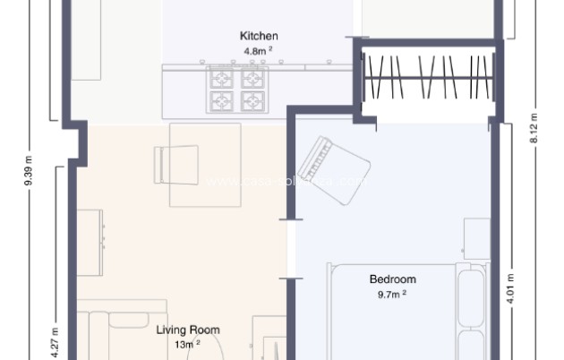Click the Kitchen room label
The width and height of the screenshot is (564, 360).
click(252, 36)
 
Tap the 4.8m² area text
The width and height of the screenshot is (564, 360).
click(255, 52)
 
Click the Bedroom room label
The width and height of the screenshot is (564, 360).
click(392, 279)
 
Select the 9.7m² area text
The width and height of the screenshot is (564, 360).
click(391, 294)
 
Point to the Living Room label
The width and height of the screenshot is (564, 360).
click(188, 330)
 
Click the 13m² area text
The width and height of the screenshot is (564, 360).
click(185, 343)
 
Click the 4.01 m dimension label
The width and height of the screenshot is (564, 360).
click(510, 288)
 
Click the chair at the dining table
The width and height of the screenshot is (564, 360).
click(171, 164)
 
